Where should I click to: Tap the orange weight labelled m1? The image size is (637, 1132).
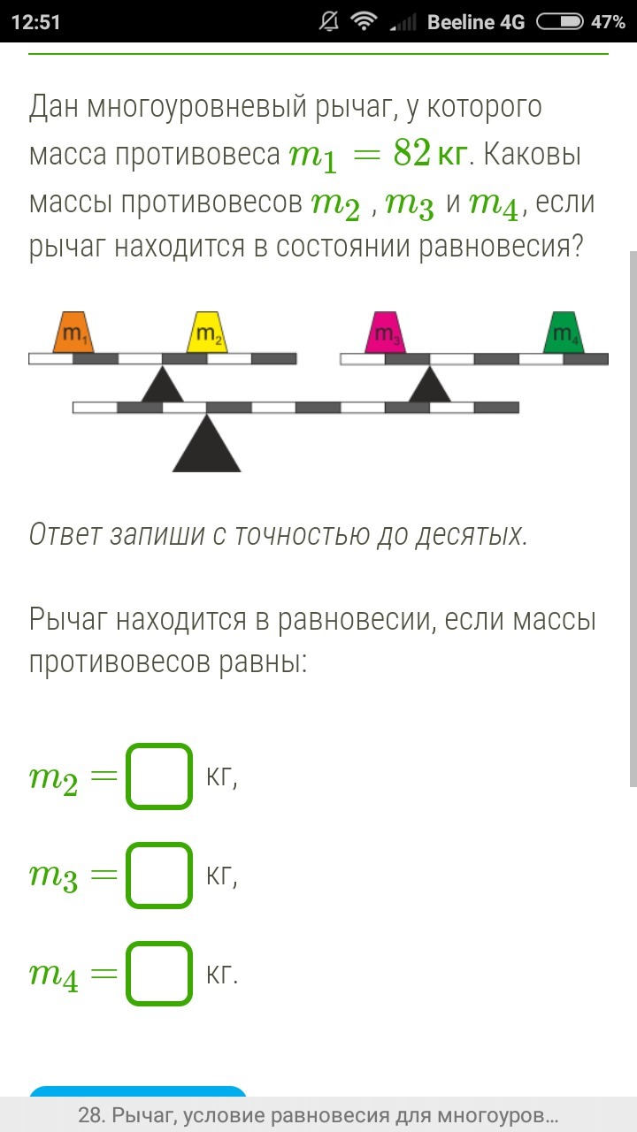click(73, 333)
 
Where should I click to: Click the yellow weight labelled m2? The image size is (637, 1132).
click(207, 333)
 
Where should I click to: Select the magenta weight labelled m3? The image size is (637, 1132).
click(386, 333)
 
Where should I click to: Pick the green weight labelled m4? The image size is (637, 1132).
click(564, 333)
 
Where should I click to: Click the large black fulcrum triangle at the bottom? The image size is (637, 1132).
click(207, 445)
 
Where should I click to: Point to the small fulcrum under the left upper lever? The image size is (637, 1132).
click(162, 387)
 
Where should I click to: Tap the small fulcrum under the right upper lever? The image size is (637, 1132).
click(430, 387)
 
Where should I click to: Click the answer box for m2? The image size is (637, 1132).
click(159, 776)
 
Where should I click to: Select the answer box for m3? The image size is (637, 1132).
click(159, 876)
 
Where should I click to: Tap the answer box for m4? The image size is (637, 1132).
click(159, 974)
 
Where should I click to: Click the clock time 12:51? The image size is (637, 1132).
click(36, 22)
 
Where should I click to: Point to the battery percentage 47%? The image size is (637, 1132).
click(608, 22)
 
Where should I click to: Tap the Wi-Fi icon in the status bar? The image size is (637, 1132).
click(363, 22)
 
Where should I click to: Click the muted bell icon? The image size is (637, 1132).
click(329, 22)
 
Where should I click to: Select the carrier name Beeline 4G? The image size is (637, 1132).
click(475, 22)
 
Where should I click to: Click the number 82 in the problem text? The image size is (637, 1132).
click(412, 155)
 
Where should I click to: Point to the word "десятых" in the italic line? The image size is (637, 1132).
click(470, 534)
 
